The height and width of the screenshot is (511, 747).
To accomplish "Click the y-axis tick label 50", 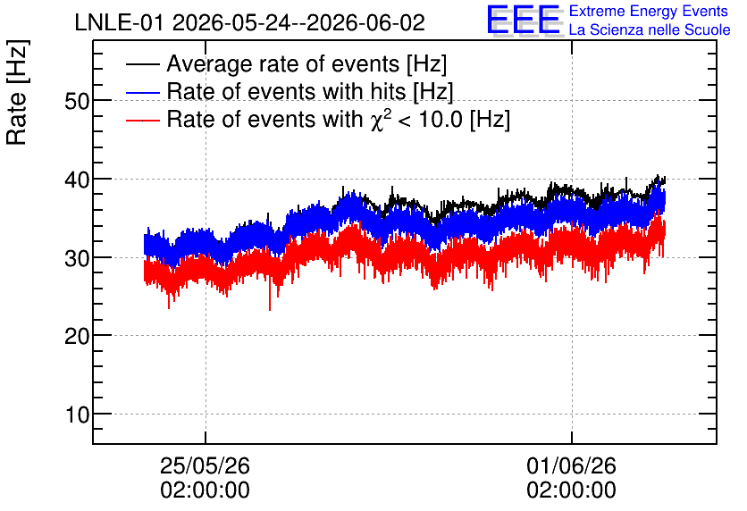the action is (x=77, y=101).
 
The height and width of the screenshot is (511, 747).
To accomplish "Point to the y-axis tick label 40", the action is (x=77, y=180).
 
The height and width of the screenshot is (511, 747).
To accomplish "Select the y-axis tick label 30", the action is (x=77, y=258).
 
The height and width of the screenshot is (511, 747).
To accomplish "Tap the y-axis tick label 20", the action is (x=77, y=336).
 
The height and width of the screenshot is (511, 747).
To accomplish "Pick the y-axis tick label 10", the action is (x=77, y=415).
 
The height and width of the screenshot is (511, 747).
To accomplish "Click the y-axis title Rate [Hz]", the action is (x=17, y=92).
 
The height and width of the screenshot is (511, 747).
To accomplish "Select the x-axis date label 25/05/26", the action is (x=205, y=465).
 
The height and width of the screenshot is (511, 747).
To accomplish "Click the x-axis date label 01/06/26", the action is (x=571, y=465).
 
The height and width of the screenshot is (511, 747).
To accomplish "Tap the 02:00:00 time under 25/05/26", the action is (x=205, y=490).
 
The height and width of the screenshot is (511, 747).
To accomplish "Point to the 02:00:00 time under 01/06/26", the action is (x=571, y=490).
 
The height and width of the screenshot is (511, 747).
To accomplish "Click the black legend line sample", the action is (x=143, y=64).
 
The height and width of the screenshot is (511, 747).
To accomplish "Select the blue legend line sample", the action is (x=143, y=92).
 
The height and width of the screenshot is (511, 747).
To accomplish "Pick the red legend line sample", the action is (x=143, y=120).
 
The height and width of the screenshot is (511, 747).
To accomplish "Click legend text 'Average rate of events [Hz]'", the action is (x=306, y=64).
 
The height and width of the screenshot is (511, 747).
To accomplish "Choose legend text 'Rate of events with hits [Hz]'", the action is (x=310, y=92).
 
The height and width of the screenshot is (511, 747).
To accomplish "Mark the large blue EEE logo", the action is (x=524, y=20).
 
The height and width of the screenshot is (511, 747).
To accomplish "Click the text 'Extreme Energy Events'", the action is (x=649, y=11).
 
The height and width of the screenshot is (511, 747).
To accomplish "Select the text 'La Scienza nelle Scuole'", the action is (x=650, y=29).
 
